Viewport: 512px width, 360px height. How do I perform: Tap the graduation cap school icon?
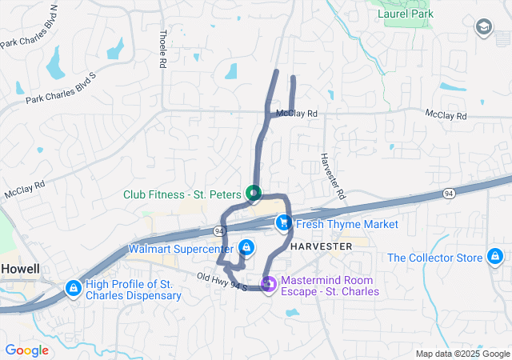[483, 29]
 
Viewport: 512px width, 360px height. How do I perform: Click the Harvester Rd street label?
[333, 176]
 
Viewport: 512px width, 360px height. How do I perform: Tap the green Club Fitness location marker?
[254, 193]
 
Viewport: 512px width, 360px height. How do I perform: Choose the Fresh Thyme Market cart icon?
[283, 223]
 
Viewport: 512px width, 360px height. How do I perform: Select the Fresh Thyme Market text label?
[346, 224]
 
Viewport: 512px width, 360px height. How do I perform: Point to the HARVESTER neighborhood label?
[321, 246]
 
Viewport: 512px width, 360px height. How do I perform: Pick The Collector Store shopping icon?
[495, 257]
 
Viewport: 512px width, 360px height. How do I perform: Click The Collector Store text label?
[435, 258]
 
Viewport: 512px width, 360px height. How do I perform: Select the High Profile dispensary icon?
[73, 286]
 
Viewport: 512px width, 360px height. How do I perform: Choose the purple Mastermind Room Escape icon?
[270, 283]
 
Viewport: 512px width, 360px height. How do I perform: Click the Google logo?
[27, 350]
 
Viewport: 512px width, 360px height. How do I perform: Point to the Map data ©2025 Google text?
[462, 354]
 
